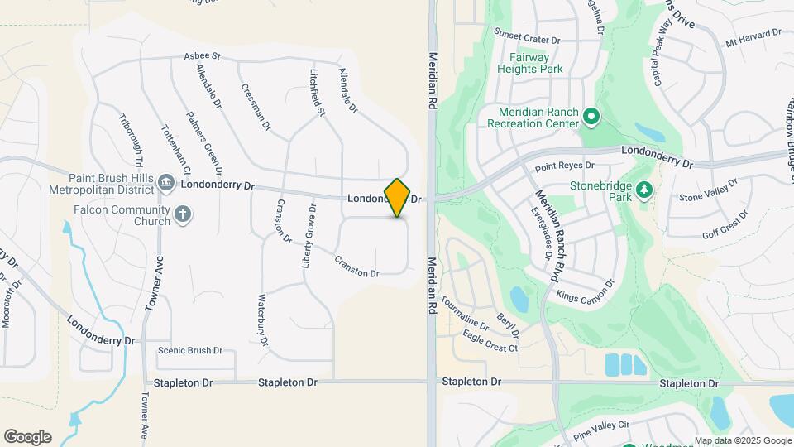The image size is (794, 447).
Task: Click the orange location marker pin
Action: (398, 197)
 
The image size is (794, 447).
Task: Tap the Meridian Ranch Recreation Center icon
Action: (591, 117)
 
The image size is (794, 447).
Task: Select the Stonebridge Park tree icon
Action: (644, 191)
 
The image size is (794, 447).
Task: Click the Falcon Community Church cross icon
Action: (184, 215)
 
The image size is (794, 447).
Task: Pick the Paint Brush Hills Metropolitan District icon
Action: (165, 182)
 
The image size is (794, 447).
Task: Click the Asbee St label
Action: (203, 56)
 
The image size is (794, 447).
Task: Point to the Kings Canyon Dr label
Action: (586, 290)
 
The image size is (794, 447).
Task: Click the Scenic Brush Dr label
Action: (190, 350)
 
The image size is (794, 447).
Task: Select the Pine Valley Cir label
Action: (600, 425)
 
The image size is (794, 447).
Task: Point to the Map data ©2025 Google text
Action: (742, 440)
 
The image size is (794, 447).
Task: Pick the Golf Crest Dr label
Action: (725, 223)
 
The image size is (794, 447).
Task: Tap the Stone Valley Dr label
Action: (707, 192)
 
